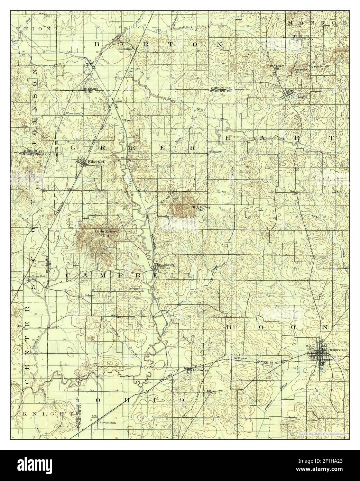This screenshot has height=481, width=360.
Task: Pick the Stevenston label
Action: click(108, 423)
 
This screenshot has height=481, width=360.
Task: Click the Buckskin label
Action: click(125, 49)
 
